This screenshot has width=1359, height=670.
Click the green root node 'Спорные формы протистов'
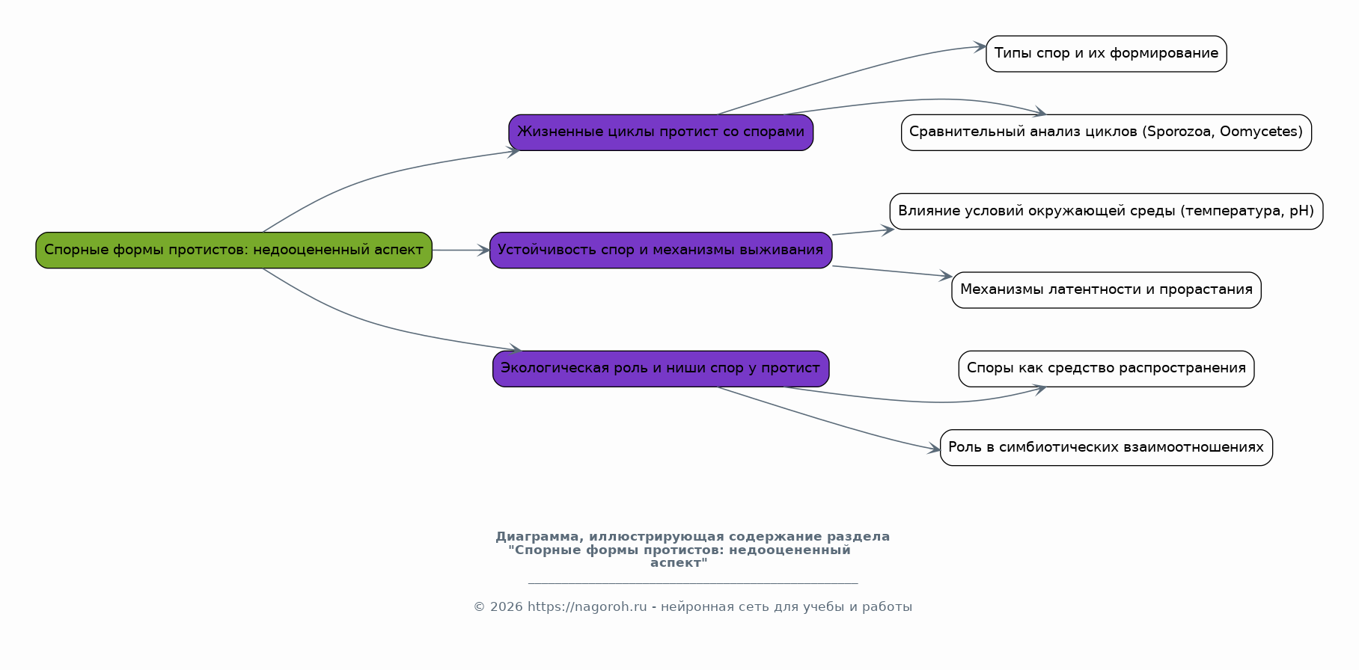click(x=233, y=250)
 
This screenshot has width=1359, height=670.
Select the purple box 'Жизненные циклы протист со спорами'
click(x=661, y=132)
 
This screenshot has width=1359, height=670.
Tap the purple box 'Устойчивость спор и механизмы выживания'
click(x=661, y=250)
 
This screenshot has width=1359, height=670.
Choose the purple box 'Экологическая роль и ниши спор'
click(x=661, y=369)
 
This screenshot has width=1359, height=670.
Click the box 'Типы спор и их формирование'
click(x=1106, y=54)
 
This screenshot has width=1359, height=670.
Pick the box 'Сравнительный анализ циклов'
click(x=1106, y=132)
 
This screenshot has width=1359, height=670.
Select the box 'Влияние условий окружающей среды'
click(x=1106, y=211)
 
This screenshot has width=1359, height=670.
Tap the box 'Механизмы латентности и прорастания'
click(x=1106, y=290)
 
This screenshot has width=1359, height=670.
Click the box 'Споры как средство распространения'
click(x=1106, y=369)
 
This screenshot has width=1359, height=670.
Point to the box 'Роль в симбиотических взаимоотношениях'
click(x=1106, y=447)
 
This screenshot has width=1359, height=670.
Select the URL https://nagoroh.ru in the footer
click(x=587, y=607)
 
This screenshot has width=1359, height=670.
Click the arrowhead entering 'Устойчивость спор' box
click(x=484, y=250)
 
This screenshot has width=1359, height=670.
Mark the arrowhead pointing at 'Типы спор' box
click(x=980, y=47)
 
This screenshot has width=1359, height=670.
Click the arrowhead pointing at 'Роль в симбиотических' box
click(x=934, y=449)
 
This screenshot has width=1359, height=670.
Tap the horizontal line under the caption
click(x=692, y=583)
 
